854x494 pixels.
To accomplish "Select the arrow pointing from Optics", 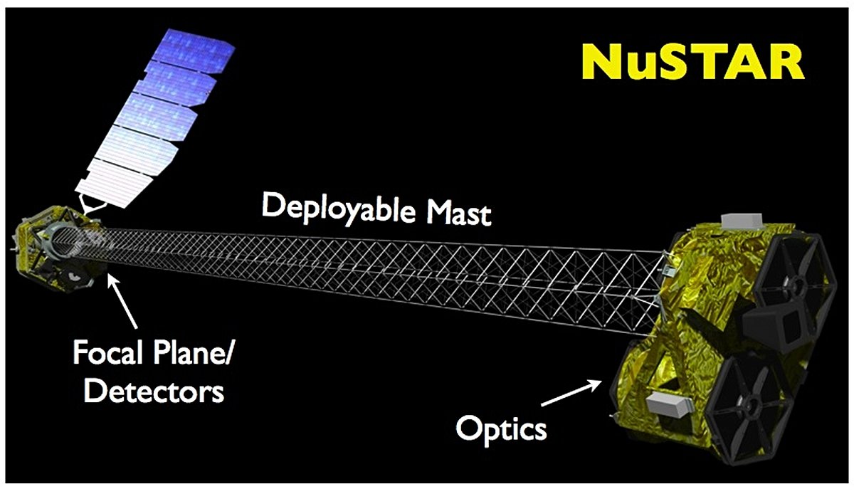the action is [571, 392].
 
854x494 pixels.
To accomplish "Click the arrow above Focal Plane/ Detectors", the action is [122, 300].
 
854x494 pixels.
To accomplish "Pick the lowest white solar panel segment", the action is [115, 183].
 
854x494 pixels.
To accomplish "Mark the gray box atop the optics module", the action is [742, 221].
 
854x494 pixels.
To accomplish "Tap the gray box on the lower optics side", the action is [669, 404].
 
